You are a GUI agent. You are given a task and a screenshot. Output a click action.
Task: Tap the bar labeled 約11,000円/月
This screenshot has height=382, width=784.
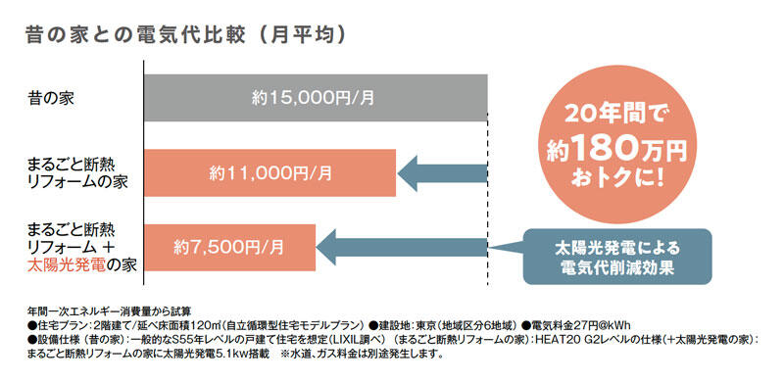[x=269, y=173]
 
